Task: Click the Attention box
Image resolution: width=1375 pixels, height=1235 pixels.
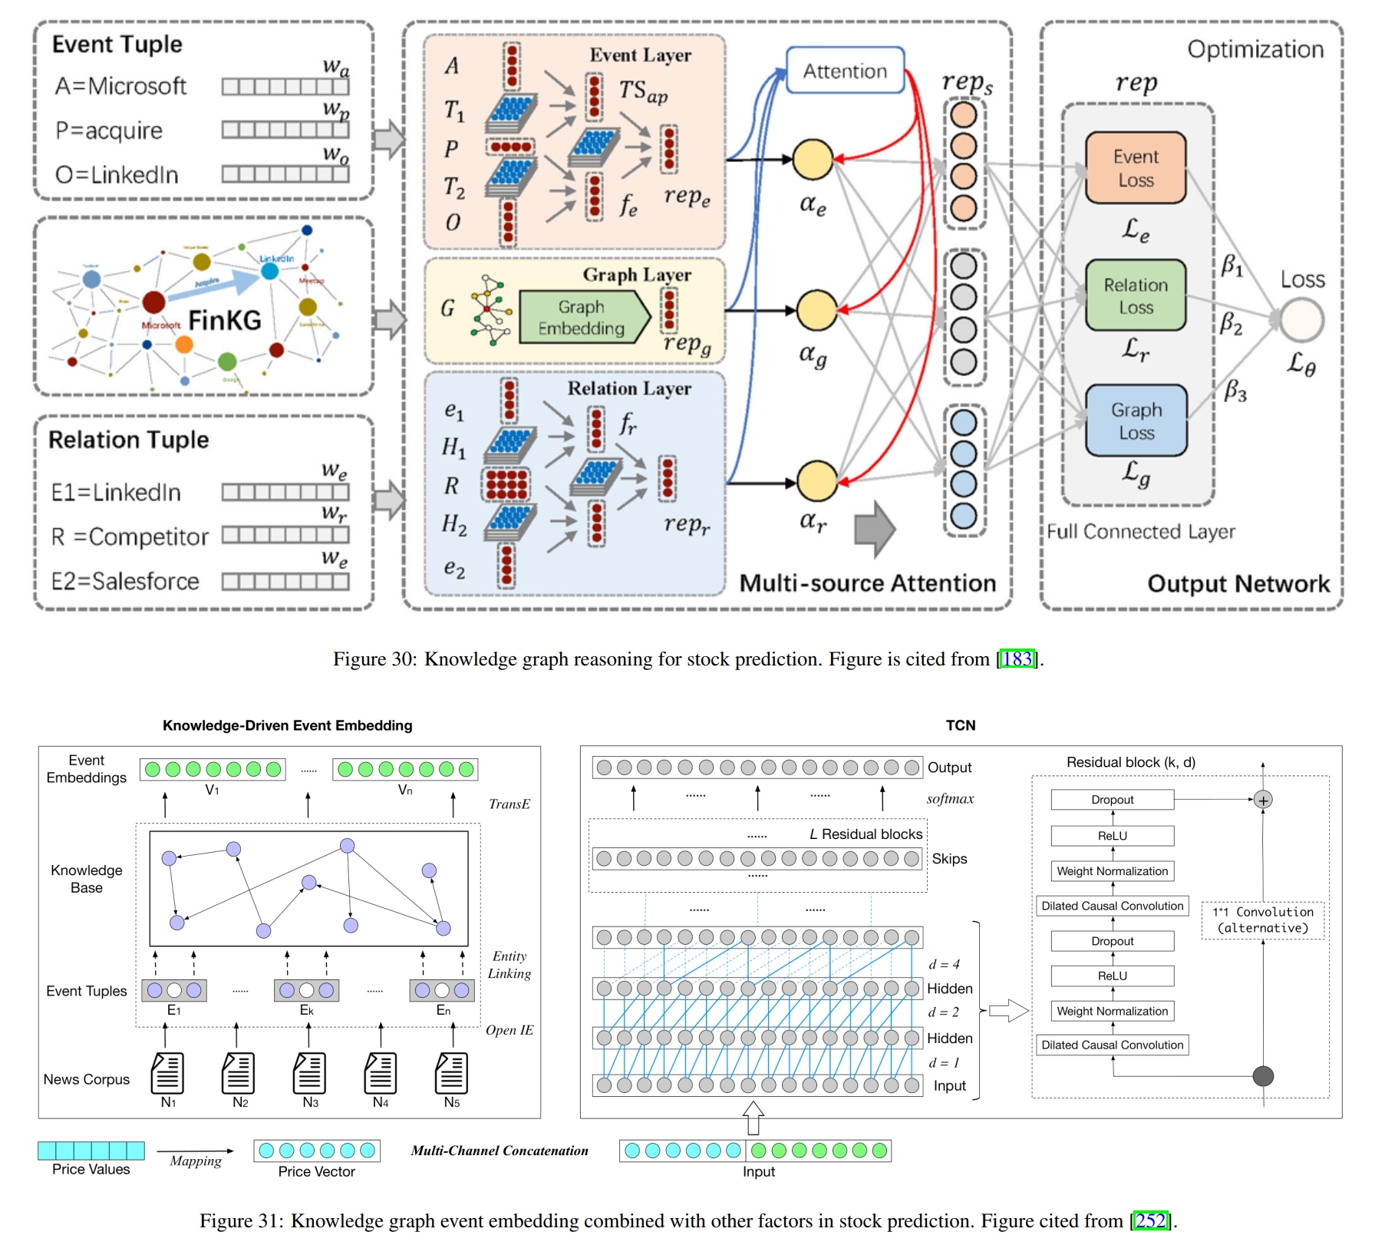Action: (845, 71)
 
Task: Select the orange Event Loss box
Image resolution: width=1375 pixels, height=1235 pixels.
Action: (1136, 168)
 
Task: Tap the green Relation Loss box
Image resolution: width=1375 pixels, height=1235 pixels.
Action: (1136, 296)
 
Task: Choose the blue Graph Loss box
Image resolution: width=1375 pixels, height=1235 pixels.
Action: (1136, 421)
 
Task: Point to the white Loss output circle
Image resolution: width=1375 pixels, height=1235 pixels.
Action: (1302, 319)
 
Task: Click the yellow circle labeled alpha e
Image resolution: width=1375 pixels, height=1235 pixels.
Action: (813, 159)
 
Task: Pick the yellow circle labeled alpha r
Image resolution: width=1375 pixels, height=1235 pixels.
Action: (817, 481)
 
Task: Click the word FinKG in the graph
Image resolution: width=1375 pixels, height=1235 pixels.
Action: (224, 320)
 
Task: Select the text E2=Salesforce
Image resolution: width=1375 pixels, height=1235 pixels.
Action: (125, 581)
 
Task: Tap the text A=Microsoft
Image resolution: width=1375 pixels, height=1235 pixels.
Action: (120, 86)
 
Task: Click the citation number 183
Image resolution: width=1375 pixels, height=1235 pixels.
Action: (1017, 659)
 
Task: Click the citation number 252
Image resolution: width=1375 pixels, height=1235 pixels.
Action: (1150, 1220)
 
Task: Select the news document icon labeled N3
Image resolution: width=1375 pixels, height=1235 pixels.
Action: (309, 1072)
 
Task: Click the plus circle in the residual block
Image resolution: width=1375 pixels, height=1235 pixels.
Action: (1263, 800)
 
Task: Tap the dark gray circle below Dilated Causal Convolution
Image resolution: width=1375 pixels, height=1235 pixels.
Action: (1263, 1076)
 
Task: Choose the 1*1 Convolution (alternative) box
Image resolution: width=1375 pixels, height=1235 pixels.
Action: (1263, 920)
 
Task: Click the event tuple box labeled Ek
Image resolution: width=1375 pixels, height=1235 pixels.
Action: (306, 990)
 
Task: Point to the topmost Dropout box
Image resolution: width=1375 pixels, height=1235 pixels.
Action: (1112, 800)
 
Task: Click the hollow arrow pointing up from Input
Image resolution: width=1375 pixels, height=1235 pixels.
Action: (753, 1118)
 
